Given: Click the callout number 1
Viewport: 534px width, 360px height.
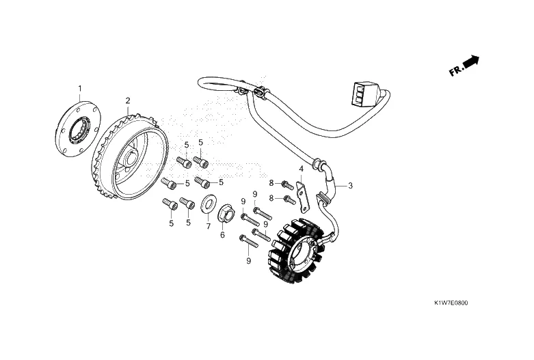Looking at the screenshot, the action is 79,88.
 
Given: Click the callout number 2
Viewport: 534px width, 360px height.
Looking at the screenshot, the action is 128,100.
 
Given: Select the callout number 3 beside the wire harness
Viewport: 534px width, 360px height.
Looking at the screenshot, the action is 350,185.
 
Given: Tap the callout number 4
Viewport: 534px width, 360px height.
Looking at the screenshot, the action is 301,169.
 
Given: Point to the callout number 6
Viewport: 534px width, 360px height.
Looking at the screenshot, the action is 222,235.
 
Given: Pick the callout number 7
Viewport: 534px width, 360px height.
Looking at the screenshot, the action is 209,226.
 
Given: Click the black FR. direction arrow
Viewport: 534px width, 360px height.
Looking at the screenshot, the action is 471,63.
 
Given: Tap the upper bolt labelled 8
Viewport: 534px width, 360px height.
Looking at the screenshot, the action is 288,184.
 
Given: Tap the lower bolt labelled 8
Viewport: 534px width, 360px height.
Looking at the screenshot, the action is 289,200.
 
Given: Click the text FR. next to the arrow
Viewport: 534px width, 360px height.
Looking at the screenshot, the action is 455,70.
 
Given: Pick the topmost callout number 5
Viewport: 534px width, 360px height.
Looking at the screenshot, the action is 201,142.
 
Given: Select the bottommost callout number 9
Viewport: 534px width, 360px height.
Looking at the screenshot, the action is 248,260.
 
